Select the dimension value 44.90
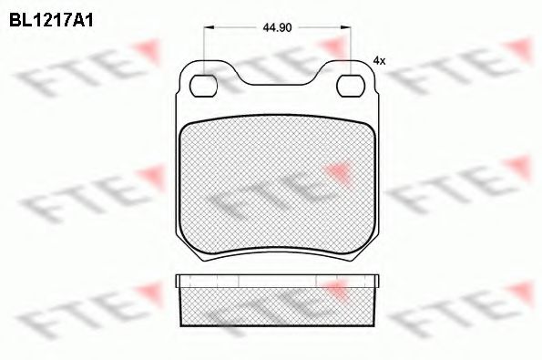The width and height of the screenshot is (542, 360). pyautogui.click(x=277, y=28)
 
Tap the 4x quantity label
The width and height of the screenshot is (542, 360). pyautogui.click(x=379, y=60)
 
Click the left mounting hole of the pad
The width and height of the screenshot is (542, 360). pyautogui.click(x=204, y=87)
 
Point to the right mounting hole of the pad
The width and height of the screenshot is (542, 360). pyautogui.click(x=350, y=87)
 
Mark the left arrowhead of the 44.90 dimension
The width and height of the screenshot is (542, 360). pyautogui.click(x=208, y=28)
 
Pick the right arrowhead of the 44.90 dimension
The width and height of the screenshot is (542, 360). pyautogui.click(x=346, y=28)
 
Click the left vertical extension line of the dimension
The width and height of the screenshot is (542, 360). pyautogui.click(x=204, y=50)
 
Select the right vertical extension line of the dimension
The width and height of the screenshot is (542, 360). pyautogui.click(x=351, y=50)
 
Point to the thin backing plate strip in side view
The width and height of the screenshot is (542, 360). pyautogui.click(x=277, y=278)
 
